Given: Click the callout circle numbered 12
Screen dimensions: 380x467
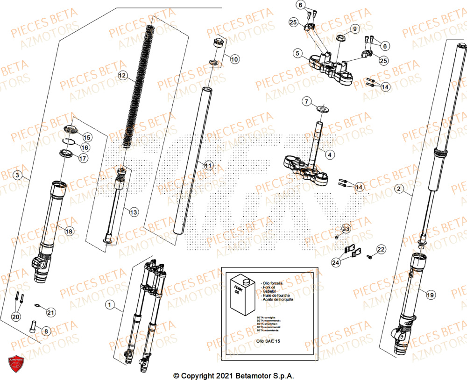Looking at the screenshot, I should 122,75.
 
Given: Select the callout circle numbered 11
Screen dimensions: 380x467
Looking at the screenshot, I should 208,165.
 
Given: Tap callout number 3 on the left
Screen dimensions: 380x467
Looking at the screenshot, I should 17,176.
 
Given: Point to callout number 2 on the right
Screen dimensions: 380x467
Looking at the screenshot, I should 398,189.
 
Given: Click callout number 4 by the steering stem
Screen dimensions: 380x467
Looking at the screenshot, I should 330,154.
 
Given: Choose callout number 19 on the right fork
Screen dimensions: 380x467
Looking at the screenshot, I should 430,294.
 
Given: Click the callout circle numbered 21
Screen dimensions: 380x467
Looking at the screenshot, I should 50,312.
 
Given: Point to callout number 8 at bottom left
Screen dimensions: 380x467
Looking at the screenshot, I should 45,331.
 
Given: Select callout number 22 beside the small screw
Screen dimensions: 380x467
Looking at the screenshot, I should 381,250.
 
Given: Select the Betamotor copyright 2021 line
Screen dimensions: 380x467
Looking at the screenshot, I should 233,375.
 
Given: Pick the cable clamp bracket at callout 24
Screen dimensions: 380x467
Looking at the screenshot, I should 353,251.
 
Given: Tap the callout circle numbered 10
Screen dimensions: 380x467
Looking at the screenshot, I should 234,59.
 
